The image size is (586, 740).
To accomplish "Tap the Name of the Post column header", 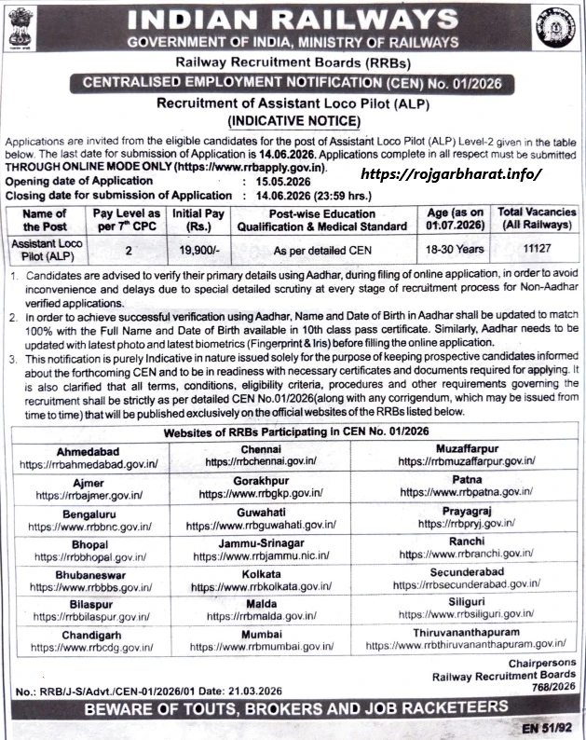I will coord(45,219).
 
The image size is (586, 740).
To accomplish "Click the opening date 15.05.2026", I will coord(276,181).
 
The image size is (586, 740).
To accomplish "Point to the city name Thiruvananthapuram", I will coord(465,630).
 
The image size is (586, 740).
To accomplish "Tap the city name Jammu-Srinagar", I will coord(261,541).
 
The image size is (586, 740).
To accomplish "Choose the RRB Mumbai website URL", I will coord(261,644).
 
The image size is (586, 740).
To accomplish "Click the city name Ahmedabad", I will coord(89,448).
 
